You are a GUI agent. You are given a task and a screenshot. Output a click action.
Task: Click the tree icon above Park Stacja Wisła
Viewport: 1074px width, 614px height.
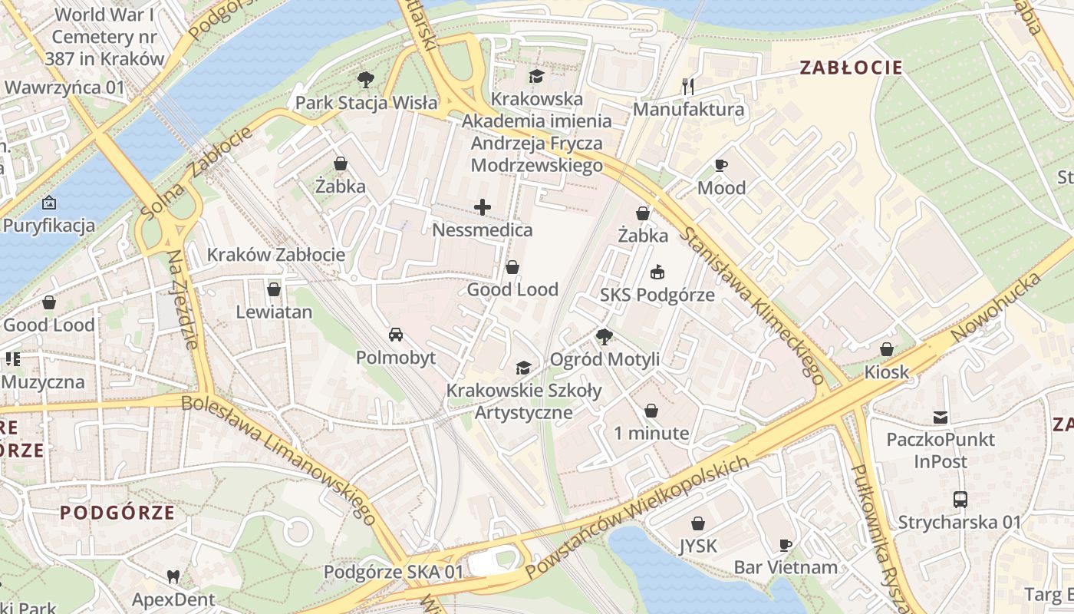click(365, 79)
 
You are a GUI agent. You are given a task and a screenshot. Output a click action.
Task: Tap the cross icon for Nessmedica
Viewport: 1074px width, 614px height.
click(483, 207)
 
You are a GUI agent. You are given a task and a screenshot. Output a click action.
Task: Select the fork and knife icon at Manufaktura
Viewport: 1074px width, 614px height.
click(688, 87)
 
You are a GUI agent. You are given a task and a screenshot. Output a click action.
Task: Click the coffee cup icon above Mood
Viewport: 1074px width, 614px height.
click(720, 165)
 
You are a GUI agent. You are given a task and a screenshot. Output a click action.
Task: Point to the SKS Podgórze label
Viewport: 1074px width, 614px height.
click(657, 295)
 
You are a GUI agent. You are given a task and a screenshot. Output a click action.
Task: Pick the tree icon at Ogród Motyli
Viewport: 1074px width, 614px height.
click(605, 336)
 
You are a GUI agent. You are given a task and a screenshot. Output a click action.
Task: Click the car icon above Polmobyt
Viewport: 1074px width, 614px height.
click(396, 335)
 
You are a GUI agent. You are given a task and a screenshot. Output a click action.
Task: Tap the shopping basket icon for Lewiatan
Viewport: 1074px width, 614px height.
click(274, 289)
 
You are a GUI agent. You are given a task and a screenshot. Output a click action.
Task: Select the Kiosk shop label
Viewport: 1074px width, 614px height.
click(886, 372)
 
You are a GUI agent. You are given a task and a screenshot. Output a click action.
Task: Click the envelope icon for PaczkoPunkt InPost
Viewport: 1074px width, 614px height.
click(941, 418)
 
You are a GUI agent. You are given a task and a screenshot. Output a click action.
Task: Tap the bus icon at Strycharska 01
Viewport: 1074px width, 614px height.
click(960, 500)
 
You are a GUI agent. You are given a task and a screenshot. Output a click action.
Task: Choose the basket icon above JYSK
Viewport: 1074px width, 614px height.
click(698, 523)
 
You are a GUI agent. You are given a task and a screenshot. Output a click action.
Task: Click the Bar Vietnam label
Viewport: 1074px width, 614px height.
click(786, 567)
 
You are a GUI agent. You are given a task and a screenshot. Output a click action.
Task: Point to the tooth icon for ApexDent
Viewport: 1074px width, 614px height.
click(173, 576)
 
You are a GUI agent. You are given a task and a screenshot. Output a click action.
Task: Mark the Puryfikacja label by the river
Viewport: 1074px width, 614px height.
click(49, 225)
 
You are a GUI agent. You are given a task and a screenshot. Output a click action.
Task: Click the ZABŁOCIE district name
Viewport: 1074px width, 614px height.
click(851, 68)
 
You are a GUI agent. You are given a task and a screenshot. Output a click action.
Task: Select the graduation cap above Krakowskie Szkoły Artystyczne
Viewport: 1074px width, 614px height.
click(524, 368)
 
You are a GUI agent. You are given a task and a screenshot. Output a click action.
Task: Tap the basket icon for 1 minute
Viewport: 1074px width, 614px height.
click(651, 411)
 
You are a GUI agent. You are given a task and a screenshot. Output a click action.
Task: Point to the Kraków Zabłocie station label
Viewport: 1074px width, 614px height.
click(276, 255)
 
